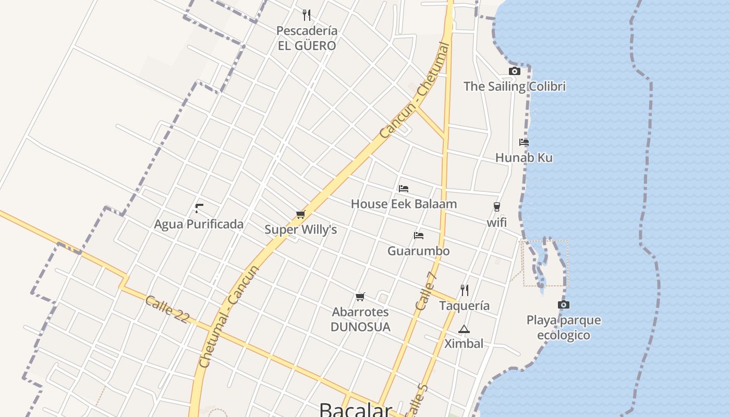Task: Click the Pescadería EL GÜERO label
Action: (307, 38)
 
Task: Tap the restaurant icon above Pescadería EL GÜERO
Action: (307, 15)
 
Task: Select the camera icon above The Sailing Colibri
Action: (515, 71)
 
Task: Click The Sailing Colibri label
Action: (515, 86)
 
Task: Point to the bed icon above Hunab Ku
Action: (524, 142)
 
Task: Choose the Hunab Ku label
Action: (524, 157)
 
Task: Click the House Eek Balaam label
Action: (404, 204)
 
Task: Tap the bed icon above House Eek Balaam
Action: (404, 189)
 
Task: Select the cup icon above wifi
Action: (497, 207)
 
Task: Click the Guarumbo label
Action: (418, 251)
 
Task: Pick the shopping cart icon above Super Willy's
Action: (300, 214)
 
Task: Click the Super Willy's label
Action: (300, 229)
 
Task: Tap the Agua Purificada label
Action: (199, 224)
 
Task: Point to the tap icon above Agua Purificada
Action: (199, 208)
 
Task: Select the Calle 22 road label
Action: (167, 309)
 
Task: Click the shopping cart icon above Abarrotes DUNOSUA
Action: (360, 297)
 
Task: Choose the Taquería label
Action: (465, 305)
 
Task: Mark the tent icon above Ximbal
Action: (464, 329)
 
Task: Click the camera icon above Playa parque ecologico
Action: (564, 305)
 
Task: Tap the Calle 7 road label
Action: (426, 290)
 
